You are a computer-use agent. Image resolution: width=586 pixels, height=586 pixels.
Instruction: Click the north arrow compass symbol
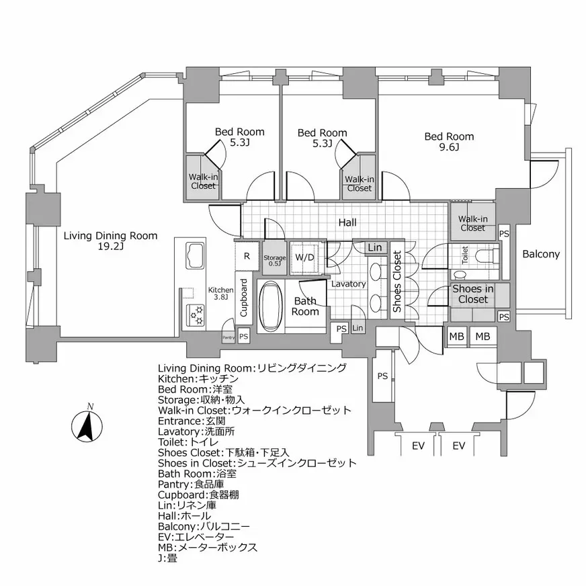click(x=85, y=425)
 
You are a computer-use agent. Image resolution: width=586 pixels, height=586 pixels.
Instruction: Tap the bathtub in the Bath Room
click(x=272, y=306)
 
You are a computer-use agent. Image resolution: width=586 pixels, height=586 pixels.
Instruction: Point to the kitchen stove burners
click(x=197, y=314)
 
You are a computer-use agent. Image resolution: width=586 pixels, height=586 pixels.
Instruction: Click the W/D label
click(x=304, y=257)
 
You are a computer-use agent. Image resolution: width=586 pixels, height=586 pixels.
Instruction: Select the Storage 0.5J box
click(x=274, y=258)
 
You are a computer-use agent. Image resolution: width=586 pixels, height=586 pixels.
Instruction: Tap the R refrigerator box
click(x=247, y=255)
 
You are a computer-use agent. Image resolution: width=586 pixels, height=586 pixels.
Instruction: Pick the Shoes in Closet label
click(x=472, y=294)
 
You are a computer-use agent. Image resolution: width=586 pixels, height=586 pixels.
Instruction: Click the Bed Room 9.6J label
click(x=449, y=142)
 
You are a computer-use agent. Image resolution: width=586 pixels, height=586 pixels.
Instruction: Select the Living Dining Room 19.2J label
click(x=110, y=241)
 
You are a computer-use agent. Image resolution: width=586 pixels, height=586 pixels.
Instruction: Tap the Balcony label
click(x=541, y=254)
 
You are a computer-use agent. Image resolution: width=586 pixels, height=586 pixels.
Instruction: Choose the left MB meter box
click(x=456, y=336)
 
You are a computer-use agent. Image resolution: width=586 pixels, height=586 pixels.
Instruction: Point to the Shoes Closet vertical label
click(x=397, y=282)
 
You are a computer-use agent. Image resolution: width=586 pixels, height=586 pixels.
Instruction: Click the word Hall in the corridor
click(x=347, y=222)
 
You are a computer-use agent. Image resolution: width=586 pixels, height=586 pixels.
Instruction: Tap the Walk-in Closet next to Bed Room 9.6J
click(x=472, y=223)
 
